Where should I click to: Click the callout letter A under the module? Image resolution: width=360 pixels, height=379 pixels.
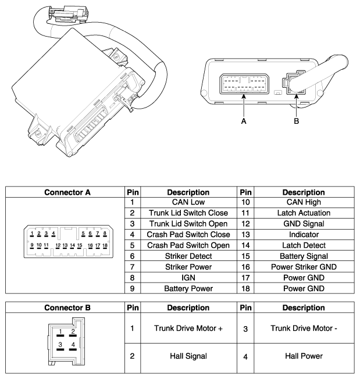tap(245, 123)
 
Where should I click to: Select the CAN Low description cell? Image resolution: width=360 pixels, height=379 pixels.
tap(188, 202)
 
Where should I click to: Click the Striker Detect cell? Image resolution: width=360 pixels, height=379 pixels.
tap(188, 256)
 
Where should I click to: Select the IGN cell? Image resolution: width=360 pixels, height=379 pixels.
tap(188, 277)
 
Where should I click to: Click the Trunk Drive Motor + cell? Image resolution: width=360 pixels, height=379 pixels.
tap(188, 328)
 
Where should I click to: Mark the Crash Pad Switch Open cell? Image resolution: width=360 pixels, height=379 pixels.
tap(188, 245)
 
